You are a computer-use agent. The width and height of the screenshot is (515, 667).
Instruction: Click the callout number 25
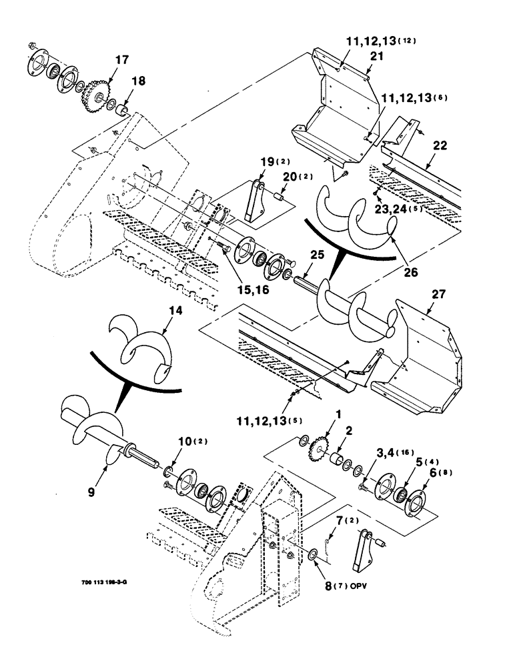pyautogui.click(x=316, y=254)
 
